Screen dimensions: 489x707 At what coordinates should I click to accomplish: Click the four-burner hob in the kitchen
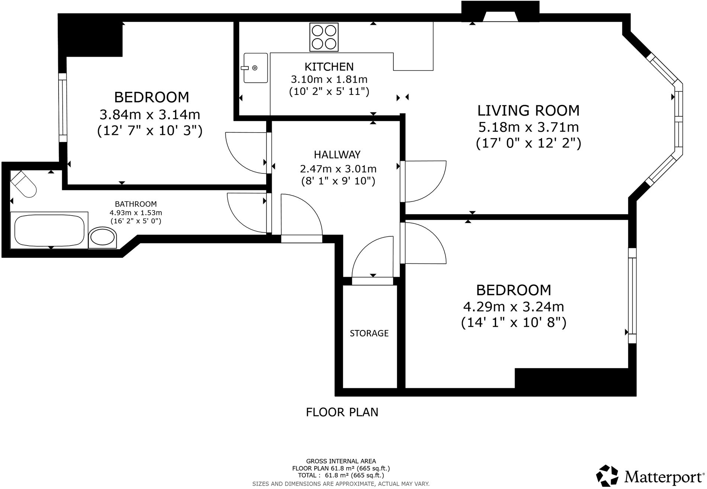click(324, 37)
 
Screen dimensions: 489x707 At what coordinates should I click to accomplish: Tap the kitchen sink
click(255, 68)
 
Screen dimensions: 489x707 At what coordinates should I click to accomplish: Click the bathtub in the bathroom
click(49, 230)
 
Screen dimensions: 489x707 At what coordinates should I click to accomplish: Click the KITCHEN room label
click(329, 67)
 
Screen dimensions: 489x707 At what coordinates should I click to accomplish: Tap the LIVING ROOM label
click(528, 110)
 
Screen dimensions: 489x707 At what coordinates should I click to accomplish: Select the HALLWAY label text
click(337, 154)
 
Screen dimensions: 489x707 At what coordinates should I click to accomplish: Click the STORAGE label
click(369, 333)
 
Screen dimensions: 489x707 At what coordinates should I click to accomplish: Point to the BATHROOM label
click(136, 204)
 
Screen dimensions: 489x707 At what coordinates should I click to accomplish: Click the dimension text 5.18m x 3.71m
click(528, 127)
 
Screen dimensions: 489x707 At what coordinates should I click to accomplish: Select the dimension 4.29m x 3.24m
click(513, 306)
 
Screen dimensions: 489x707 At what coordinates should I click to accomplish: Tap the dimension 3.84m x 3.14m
click(150, 114)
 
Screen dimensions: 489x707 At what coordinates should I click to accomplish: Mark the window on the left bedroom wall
click(63, 107)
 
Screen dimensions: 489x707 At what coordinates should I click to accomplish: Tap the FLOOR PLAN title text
click(342, 412)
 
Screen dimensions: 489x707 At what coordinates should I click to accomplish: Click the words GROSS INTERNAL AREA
click(341, 461)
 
